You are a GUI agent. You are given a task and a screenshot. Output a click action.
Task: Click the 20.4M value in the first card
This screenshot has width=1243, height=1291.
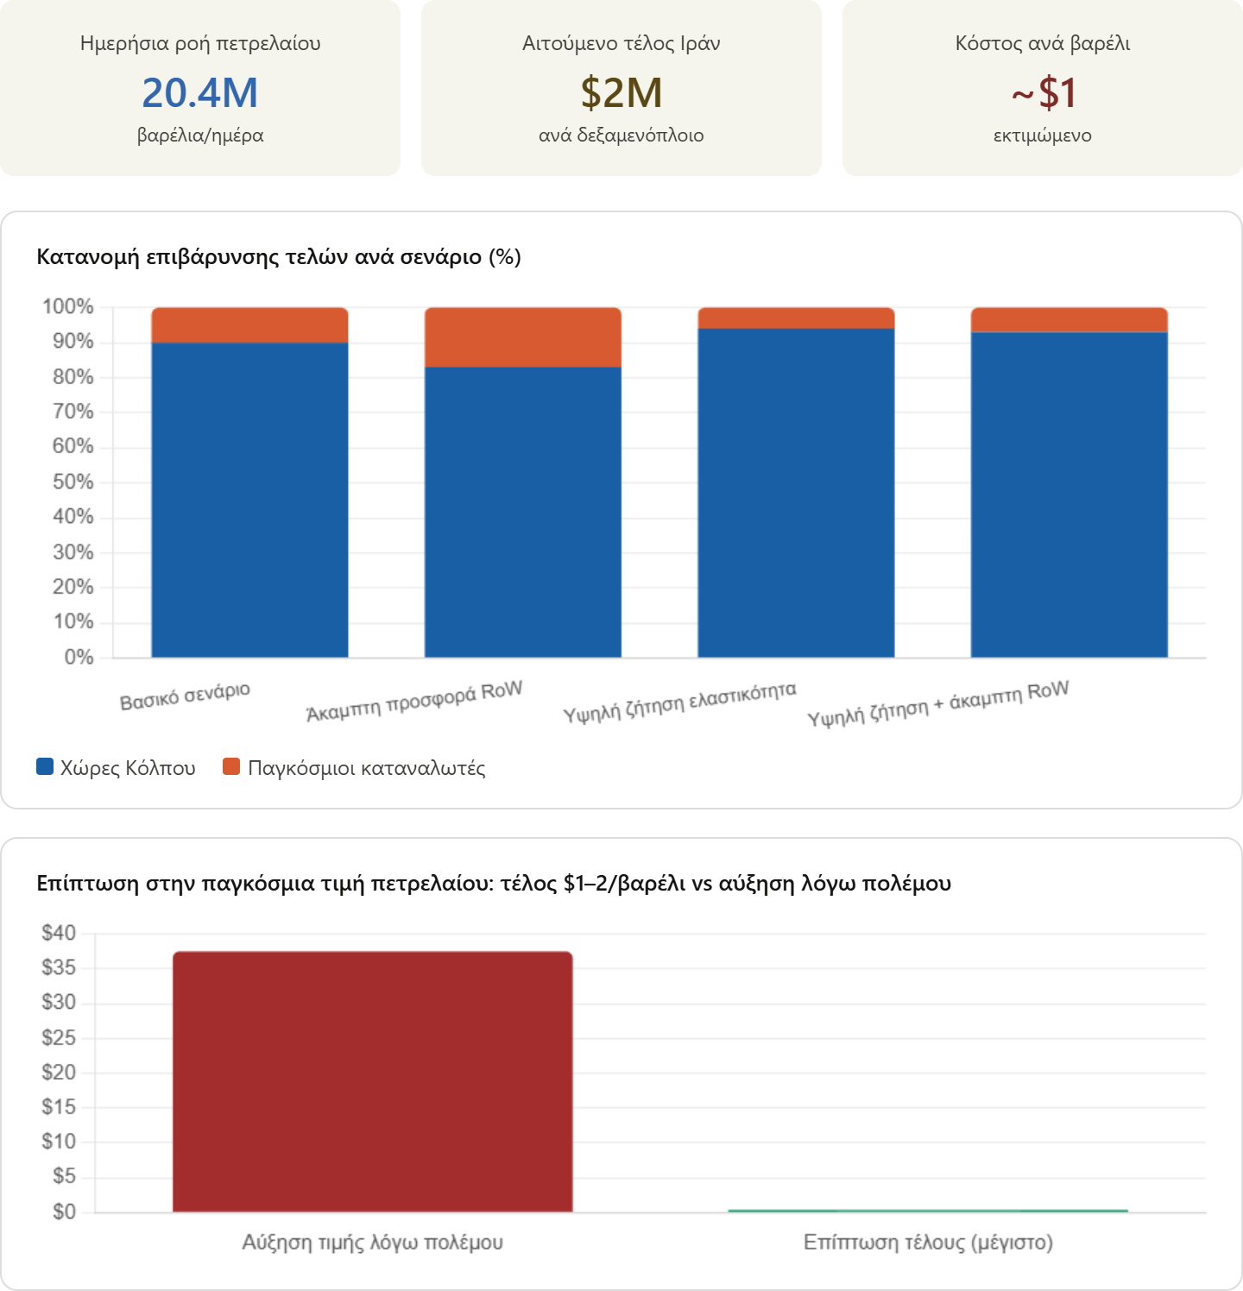(x=199, y=93)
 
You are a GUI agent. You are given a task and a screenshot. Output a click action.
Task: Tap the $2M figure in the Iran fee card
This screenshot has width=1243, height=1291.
(x=621, y=93)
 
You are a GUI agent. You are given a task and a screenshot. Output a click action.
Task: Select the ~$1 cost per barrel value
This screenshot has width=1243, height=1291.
(x=1043, y=93)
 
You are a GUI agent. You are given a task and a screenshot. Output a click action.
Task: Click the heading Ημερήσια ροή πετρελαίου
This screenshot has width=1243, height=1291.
(x=199, y=43)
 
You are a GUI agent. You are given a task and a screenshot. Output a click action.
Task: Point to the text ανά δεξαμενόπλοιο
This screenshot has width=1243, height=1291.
(x=621, y=135)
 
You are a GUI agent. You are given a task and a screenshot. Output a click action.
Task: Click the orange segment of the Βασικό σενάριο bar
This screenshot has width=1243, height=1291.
(x=249, y=325)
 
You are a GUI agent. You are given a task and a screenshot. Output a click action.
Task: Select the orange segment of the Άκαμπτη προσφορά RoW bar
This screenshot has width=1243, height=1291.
(x=522, y=337)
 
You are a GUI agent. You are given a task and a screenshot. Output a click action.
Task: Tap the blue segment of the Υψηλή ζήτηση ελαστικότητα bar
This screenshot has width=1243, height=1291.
(x=796, y=492)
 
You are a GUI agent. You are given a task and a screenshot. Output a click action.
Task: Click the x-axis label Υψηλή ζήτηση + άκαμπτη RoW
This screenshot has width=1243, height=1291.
(x=938, y=703)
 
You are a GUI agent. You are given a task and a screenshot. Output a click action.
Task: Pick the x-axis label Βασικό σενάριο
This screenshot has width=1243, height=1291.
(x=185, y=696)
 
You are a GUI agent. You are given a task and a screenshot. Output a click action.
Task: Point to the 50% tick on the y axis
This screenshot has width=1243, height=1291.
(x=73, y=482)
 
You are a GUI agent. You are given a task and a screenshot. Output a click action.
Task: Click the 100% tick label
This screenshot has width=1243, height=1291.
(x=67, y=306)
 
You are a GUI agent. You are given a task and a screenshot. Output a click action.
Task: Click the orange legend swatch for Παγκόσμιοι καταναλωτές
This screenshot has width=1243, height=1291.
(x=231, y=766)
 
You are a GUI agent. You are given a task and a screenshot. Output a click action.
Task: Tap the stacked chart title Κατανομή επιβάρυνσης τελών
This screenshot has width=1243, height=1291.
(x=278, y=257)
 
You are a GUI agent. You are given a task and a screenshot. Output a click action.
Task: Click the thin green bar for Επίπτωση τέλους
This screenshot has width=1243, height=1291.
(x=927, y=1211)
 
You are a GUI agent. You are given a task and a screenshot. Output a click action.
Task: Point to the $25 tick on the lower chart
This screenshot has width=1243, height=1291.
(x=59, y=1037)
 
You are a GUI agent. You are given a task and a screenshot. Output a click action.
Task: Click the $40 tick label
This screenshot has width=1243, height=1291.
(x=59, y=933)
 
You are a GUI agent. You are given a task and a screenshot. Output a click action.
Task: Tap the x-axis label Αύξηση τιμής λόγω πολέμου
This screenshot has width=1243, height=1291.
(x=372, y=1243)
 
